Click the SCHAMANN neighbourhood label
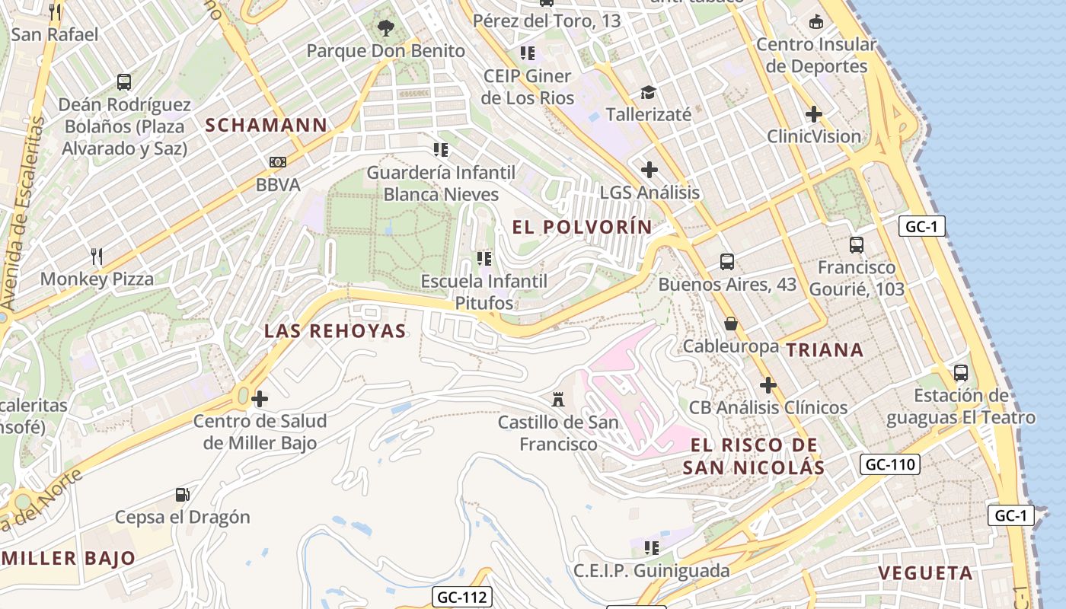[266, 125]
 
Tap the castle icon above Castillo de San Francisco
[559, 399]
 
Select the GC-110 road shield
[889, 464]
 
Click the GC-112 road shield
[461, 597]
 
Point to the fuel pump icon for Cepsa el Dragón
[182, 495]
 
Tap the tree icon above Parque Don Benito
[386, 29]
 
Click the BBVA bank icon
[278, 162]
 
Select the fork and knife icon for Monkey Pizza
[97, 257]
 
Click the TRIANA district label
[825, 350]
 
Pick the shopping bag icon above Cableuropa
[730, 324]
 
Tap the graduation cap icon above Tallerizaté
[648, 92]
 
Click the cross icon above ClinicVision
[814, 114]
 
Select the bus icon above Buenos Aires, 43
[727, 262]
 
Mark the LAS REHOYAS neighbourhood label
[335, 331]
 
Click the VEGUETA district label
[925, 573]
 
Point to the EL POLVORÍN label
[582, 227]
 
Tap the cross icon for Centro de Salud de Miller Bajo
[260, 399]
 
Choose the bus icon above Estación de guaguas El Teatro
[961, 373]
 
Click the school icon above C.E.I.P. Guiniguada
[651, 548]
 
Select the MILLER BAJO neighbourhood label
[69, 558]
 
